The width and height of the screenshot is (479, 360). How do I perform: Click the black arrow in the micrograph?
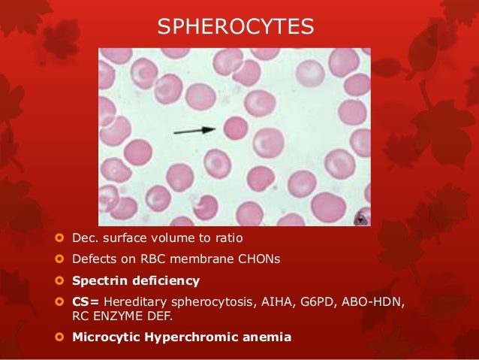pyautogui.click(x=194, y=132)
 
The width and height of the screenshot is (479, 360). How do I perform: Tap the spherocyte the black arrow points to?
pyautogui.click(x=235, y=128)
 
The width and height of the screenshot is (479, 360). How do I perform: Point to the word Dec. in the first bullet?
pyautogui.click(x=85, y=239)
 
